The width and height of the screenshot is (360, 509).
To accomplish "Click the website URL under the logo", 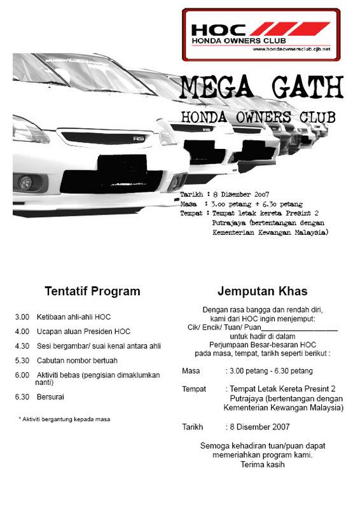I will coord(291,49).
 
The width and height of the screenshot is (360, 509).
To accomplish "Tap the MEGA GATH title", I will coord(261,87).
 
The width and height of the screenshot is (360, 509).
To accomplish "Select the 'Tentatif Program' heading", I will coord(92,291).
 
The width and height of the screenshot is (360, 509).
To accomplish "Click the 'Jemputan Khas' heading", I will coord(262,291).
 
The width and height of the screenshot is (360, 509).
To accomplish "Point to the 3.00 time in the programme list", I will coord(22,317).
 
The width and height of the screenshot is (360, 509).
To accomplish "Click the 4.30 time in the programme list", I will coord(22,346).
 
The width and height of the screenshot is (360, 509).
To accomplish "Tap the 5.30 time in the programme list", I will coord(22,361).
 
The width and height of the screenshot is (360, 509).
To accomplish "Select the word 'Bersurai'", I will coord(50,396).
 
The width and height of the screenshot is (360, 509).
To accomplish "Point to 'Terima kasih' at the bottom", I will coord(262,464).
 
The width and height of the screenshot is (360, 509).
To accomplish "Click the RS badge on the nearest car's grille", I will coord(139,138).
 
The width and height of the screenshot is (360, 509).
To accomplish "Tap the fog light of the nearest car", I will coord(27,182).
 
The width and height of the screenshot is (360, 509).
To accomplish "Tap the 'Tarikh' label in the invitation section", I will coord(191,427).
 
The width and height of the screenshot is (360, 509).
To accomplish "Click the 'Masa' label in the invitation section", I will coord(191,370).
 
